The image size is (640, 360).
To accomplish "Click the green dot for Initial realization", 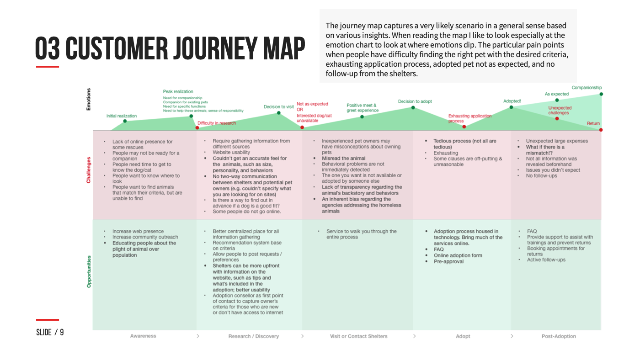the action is click(124, 121).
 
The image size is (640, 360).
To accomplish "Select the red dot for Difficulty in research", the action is click(197, 127).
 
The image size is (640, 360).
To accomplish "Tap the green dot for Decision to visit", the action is click(279, 112).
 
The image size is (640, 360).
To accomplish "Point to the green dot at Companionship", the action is click(601, 94).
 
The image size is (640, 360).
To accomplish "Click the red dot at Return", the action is click(601, 130).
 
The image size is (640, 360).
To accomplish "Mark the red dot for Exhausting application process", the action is click(464, 127).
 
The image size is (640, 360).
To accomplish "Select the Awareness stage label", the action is click(143, 336).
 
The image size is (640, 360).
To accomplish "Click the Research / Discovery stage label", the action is click(253, 336).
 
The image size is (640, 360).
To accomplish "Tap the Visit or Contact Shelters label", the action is click(358, 336).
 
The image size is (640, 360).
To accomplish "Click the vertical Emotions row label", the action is click(89, 99).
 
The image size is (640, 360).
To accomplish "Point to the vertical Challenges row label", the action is click(89, 170).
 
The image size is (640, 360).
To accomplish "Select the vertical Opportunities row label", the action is click(89, 271).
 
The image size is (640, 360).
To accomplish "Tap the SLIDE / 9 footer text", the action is click(50, 332).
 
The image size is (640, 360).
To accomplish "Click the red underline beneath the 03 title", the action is click(48, 67).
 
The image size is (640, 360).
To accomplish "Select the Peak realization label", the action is click(178, 92).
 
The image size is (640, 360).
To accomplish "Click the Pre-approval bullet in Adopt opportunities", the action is click(448, 262).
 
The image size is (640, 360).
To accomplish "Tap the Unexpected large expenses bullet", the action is click(557, 141).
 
